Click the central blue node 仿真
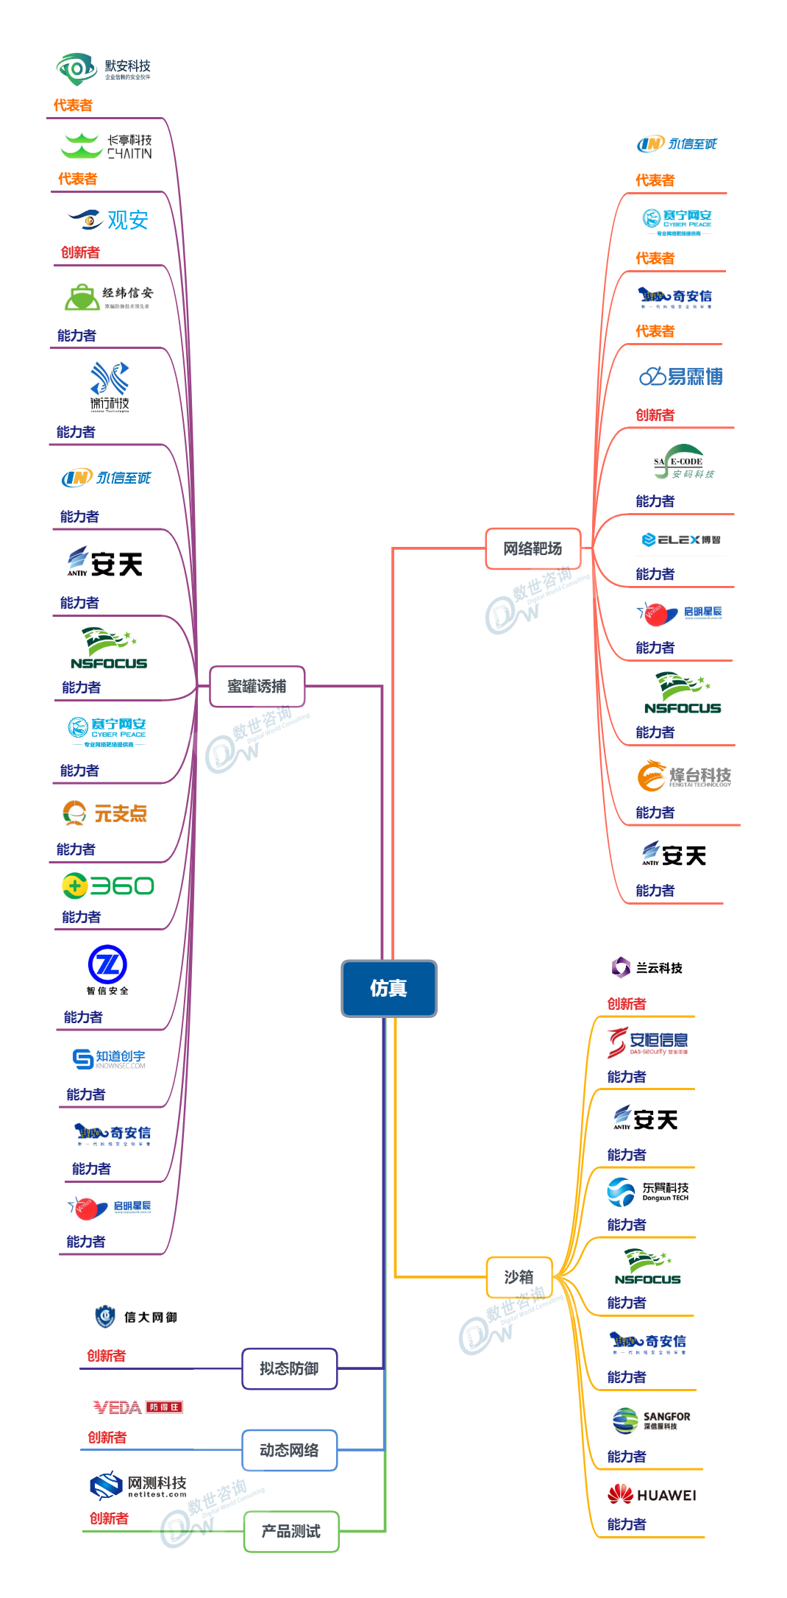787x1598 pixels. (x=389, y=989)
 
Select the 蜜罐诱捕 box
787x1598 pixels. (x=257, y=686)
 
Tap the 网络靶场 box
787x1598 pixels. (x=533, y=548)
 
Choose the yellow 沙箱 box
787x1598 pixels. (x=519, y=1277)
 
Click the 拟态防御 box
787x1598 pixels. (x=289, y=1368)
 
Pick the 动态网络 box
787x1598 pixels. (x=289, y=1450)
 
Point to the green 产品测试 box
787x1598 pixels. (x=291, y=1531)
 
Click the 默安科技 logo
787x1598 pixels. (x=104, y=69)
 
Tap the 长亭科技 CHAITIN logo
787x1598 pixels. (x=107, y=146)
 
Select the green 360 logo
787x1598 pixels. (x=108, y=885)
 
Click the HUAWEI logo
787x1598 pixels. (x=652, y=1494)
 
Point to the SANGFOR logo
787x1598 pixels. (x=652, y=1420)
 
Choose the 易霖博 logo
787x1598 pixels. (x=681, y=377)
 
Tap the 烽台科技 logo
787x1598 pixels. (x=684, y=777)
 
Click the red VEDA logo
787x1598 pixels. (x=138, y=1407)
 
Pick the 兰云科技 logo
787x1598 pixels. (x=647, y=967)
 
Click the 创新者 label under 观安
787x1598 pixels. (x=80, y=252)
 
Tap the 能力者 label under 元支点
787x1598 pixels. (x=76, y=849)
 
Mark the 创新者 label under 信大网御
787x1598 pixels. (x=106, y=1356)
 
